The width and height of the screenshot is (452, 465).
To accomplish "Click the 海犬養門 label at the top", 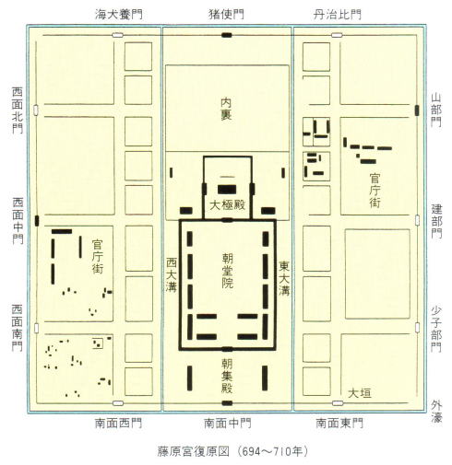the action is coord(119,15).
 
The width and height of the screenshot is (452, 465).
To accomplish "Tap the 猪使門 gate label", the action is coord(227,15).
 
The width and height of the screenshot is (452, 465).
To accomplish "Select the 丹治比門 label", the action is coord(338,15).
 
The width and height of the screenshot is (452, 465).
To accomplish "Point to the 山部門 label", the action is coord(436,110).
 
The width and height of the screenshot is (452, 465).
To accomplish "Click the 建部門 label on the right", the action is coord(436,221).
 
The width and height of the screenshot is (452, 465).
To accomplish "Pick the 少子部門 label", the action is coord(436,329).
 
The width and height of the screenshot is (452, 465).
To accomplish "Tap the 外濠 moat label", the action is coord(436,412).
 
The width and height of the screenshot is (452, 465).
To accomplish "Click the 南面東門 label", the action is coord(339,424).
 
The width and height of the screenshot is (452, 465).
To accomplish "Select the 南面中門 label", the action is coord(228,424).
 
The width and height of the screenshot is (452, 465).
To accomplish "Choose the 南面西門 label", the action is coord(118,424).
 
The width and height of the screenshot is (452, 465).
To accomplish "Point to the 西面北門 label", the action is coord(18,110).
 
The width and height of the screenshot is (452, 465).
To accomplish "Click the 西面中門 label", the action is coord(18,221).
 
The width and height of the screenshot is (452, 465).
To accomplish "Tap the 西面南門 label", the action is coord(18,328).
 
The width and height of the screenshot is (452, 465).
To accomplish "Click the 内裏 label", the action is coord(227,109).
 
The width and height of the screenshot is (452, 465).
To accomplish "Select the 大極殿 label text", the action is coord(227,205).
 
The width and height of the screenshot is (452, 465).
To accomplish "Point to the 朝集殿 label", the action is coord(227,376).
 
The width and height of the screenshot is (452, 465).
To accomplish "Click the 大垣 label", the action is coord(360,393).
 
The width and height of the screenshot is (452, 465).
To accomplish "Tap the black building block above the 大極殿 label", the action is coord(227,190).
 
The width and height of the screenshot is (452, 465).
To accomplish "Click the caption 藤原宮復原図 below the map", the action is coord(194,451).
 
